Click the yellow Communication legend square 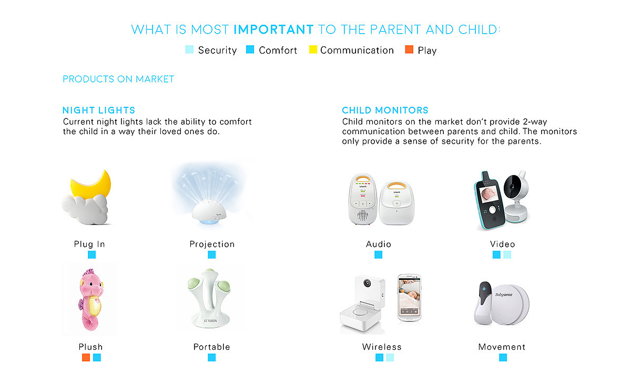point(313,49)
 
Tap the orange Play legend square point(409,49)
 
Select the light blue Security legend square point(189,49)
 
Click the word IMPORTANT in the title point(273,29)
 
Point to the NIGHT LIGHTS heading point(99,110)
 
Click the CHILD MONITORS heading point(385,110)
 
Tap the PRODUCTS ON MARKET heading point(118,79)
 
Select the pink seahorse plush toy point(90,299)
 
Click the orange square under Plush point(86,357)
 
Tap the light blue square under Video point(507,255)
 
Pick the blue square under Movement point(503,357)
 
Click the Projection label point(212,244)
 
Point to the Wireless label point(382,347)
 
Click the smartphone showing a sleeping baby point(409,298)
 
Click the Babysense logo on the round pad point(504,295)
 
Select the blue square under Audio point(378,255)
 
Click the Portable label point(211,347)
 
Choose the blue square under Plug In point(91,255)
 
